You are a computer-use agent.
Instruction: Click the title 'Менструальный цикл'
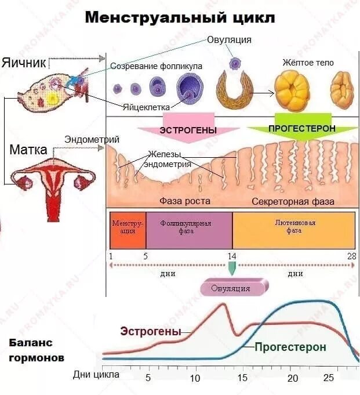point(180,17)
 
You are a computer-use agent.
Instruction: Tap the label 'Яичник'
point(23,62)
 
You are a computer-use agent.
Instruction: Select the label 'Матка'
point(28,150)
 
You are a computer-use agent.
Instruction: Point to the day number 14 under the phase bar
point(232,255)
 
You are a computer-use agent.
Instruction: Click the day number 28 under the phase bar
point(351,255)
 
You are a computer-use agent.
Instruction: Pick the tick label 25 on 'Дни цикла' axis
point(328,378)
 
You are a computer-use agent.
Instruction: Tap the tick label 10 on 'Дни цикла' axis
point(195,378)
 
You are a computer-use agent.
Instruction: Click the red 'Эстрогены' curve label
point(151,332)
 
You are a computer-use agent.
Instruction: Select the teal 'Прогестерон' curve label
point(290,347)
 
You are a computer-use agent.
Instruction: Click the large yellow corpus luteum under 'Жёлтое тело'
point(292,92)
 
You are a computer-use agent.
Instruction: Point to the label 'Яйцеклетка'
point(146,107)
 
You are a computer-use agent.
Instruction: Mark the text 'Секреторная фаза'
point(293,201)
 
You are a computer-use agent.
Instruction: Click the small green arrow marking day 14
point(232,269)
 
